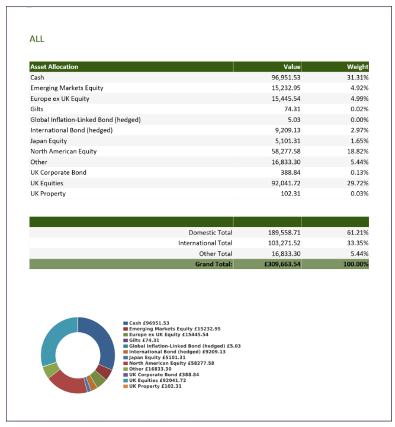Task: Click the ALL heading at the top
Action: [37, 39]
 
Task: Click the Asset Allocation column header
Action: [54, 67]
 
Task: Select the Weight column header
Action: [358, 67]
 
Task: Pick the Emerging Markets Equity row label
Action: [67, 88]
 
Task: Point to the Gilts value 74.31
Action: [291, 109]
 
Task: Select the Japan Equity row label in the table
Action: [49, 141]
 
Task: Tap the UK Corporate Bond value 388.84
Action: [290, 172]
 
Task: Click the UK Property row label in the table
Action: [48, 194]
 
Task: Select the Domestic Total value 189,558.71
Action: [284, 233]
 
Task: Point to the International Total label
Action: [205, 243]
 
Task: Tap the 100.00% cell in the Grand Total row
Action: [356, 264]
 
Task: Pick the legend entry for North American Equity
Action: [171, 363]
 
